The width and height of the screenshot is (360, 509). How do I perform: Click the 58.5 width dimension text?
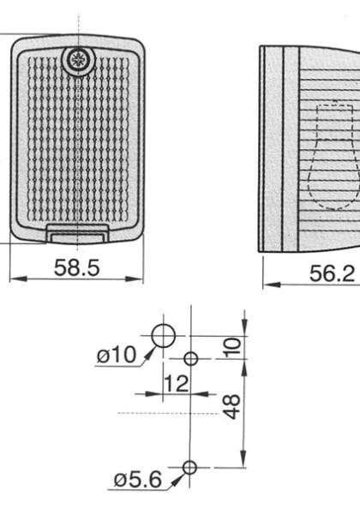[77, 267]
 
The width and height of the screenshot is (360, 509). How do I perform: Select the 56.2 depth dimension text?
[331, 272]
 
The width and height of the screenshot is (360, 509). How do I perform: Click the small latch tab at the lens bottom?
[77, 230]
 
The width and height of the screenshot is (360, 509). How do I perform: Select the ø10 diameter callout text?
[116, 355]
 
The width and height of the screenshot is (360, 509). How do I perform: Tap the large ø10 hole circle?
[164, 336]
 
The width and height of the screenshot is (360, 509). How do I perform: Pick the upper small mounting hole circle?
[191, 357]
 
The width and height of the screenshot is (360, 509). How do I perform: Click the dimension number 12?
[176, 384]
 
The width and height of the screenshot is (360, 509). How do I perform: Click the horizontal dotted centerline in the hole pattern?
[163, 413]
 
